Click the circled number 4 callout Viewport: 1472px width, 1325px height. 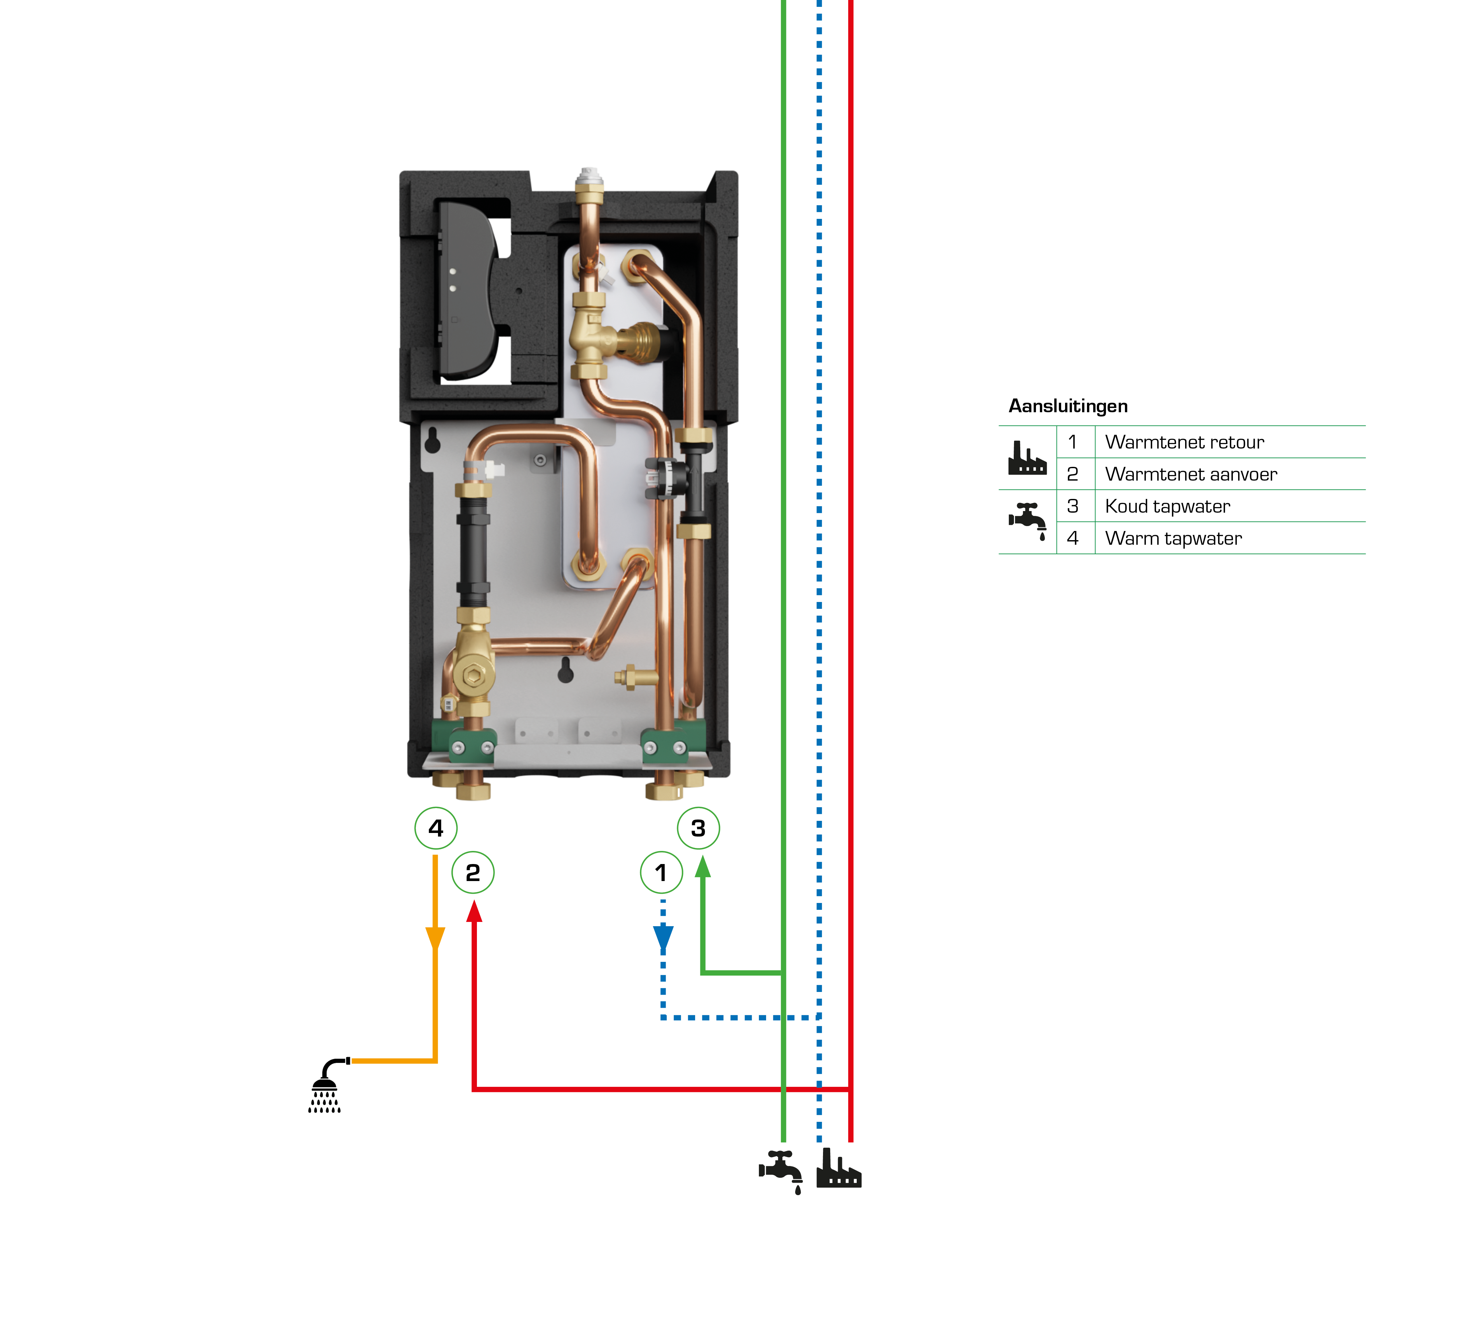(x=435, y=828)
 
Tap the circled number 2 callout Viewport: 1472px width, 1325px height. (x=472, y=872)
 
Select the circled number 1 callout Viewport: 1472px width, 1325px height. (x=661, y=872)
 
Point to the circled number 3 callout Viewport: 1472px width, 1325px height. (x=698, y=828)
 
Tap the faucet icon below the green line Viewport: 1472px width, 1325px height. (x=781, y=1170)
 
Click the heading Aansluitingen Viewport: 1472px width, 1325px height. (x=1067, y=406)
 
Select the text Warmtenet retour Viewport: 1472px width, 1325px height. (x=1184, y=442)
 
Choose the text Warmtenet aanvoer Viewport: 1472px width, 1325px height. (x=1190, y=474)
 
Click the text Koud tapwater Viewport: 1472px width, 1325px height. (x=1167, y=506)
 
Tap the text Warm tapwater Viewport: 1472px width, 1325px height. (x=1173, y=538)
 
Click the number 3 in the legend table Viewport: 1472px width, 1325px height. (x=1072, y=506)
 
